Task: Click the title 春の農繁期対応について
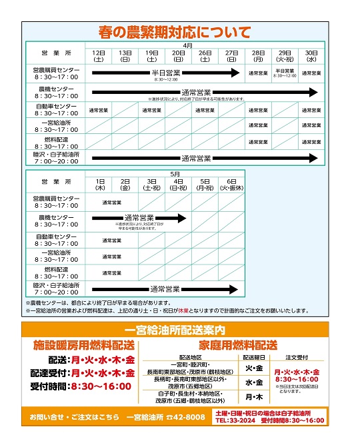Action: (x=175, y=31)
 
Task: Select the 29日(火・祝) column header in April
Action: (x=285, y=56)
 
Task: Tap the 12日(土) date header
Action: (x=98, y=56)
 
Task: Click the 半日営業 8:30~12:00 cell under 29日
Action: (x=285, y=73)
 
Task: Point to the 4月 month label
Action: (x=187, y=46)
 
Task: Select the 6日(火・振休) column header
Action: (x=231, y=185)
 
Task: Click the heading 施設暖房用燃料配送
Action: (x=84, y=345)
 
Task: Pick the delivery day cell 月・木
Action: (x=253, y=397)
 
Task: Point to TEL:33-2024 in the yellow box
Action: (x=235, y=421)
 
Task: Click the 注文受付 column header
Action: (x=297, y=358)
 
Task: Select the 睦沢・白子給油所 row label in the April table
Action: (x=55, y=158)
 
